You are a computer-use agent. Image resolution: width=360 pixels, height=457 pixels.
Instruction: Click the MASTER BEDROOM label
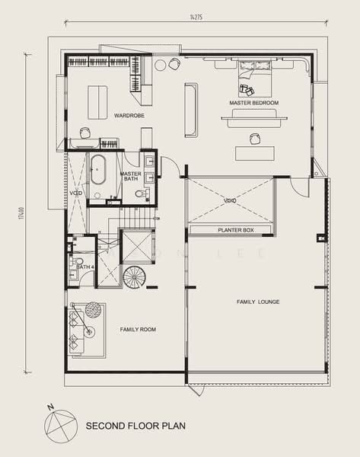pos(253,103)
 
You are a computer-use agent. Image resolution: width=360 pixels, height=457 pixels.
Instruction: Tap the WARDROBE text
pos(129,116)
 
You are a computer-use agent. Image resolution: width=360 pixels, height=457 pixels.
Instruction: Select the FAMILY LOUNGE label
pos(257,302)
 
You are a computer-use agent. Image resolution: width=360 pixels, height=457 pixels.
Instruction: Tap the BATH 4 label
pos(85,267)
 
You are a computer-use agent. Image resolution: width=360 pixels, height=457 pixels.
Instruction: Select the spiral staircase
pos(134,277)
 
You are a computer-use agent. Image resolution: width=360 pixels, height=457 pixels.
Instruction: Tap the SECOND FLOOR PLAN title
pos(135,427)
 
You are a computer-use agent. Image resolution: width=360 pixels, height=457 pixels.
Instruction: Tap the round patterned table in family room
pos(93,309)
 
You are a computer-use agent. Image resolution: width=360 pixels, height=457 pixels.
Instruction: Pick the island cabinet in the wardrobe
pos(97,102)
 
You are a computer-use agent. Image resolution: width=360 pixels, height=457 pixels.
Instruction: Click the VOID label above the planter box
pos(230,201)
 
